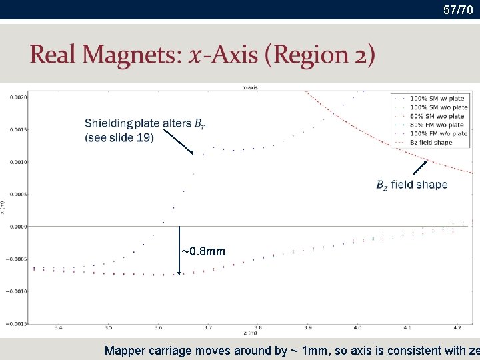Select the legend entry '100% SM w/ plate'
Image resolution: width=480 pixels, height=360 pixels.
pos(438,98)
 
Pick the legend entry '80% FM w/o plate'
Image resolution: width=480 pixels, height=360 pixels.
pos(438,125)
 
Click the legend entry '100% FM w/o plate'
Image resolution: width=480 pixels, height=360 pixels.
pos(438,133)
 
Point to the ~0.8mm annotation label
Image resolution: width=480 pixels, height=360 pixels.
pos(203,251)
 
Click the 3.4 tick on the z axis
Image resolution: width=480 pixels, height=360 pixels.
pos(59,328)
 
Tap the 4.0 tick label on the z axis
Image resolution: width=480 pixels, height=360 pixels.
pos(357,328)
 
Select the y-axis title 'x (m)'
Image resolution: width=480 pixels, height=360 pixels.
pos(3,208)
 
